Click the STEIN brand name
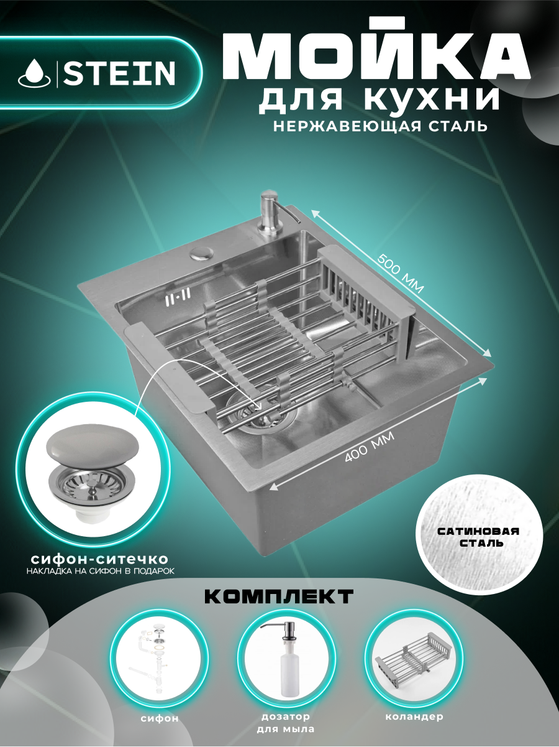tap(120, 73)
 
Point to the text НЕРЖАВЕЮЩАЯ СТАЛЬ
tap(379, 127)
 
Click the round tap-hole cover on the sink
tap(201, 253)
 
